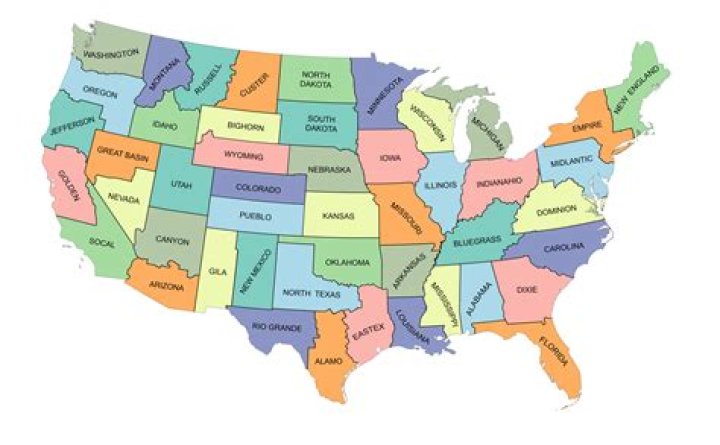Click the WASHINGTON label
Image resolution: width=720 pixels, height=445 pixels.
click(111, 54)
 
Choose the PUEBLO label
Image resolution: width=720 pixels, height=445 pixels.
click(257, 215)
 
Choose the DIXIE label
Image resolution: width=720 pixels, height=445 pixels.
click(527, 290)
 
